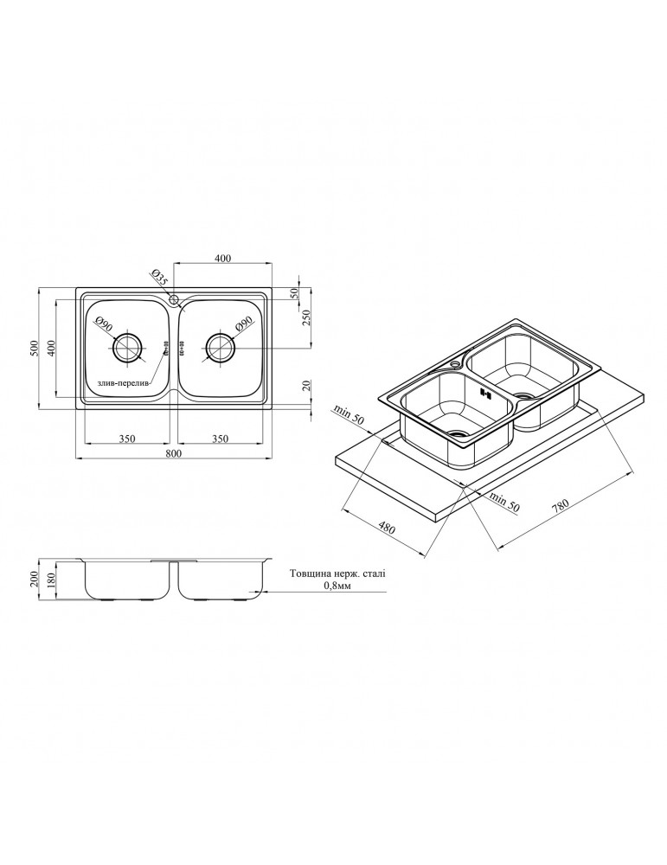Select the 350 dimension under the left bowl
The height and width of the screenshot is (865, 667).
126,439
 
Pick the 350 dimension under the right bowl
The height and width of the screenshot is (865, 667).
221,439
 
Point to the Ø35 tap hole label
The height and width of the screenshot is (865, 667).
158,279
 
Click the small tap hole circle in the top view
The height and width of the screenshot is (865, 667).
174,300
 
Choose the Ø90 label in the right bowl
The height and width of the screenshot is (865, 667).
244,324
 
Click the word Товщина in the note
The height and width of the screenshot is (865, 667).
312,573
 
